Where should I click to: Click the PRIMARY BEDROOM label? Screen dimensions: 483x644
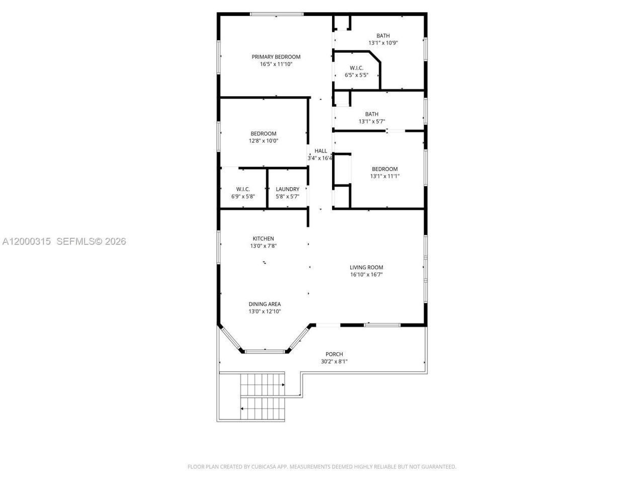pos(276,57)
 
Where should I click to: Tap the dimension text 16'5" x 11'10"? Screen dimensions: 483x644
pos(276,64)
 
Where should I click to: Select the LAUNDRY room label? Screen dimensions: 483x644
pos(287,189)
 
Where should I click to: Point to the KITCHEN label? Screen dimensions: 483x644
pos(263,238)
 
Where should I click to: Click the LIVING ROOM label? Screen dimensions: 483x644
pos(366,268)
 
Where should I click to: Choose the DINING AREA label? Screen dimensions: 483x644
pos(264,304)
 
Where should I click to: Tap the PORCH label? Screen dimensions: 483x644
pos(334,354)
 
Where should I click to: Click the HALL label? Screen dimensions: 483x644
pos(320,151)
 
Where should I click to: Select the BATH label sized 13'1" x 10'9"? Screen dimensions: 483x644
pos(383,36)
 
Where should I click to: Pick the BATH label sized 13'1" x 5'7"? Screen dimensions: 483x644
pos(372,114)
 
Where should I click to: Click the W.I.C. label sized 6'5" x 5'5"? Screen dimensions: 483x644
pos(356,68)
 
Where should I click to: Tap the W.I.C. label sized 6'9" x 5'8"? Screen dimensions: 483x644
pos(243,189)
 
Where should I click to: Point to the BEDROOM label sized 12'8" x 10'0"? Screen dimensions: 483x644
pos(263,134)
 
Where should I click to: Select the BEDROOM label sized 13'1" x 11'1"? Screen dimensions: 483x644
pos(384,169)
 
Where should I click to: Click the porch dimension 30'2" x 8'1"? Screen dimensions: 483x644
pos(334,362)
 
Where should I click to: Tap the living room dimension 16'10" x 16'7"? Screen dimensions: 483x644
pos(366,275)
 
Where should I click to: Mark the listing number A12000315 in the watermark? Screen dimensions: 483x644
pos(27,242)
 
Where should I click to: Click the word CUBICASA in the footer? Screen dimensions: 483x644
pos(265,467)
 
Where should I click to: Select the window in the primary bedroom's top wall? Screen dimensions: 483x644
pos(276,14)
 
